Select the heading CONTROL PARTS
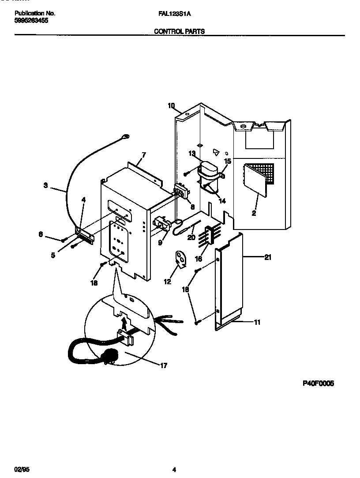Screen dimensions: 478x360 pyautogui.click(x=179, y=32)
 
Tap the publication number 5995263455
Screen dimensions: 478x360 pyautogui.click(x=31, y=20)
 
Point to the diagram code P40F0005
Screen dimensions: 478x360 pyautogui.click(x=318, y=384)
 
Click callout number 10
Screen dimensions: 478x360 pyautogui.click(x=171, y=105)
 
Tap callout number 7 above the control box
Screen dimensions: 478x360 pyautogui.click(x=143, y=155)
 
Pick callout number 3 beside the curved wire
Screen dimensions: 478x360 pyautogui.click(x=46, y=186)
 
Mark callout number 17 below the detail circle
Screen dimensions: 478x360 pyautogui.click(x=163, y=365)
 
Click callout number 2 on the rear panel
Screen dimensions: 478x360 pyautogui.click(x=254, y=213)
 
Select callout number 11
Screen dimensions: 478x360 pyautogui.click(x=257, y=322)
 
